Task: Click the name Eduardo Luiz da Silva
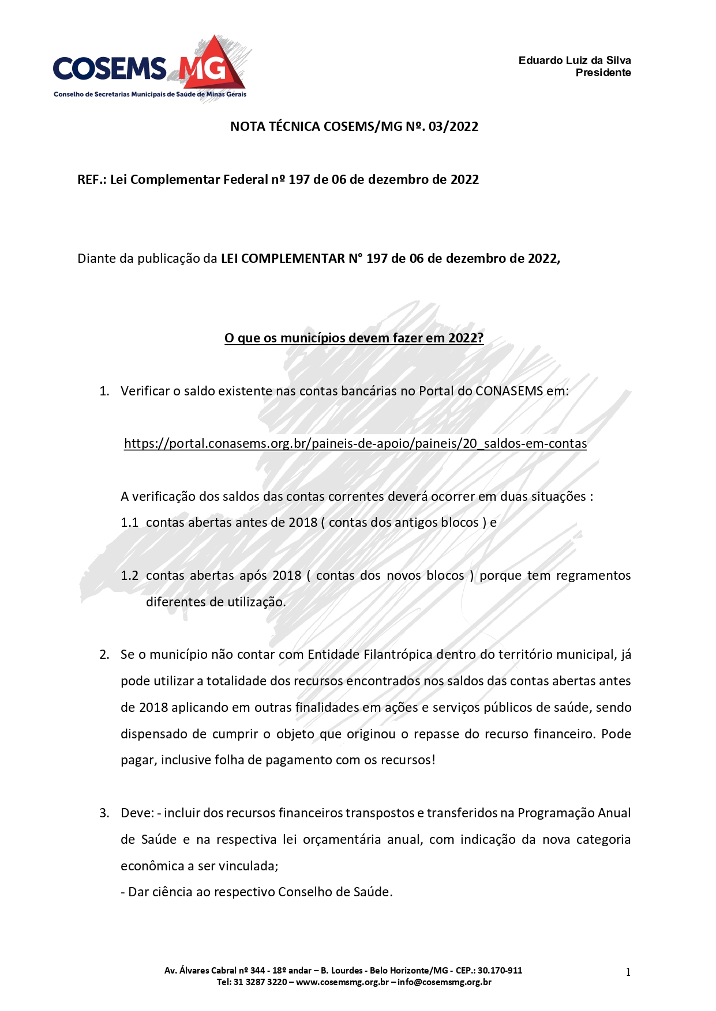click(574, 61)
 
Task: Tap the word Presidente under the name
click(603, 73)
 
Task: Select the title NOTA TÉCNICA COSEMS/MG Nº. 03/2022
click(354, 127)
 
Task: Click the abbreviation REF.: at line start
click(92, 180)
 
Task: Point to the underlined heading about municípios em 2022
click(354, 338)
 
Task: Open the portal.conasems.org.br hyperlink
click(355, 444)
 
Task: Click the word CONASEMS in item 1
click(509, 391)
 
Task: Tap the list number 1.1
click(130, 523)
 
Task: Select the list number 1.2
click(130, 576)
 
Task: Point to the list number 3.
click(104, 813)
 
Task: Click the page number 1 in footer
click(628, 972)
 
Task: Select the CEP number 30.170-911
click(500, 971)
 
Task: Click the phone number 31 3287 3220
click(260, 982)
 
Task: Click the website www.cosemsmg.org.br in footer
click(342, 982)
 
